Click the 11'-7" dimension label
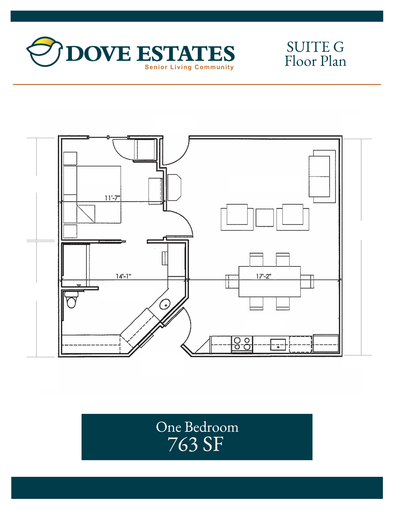(112, 198)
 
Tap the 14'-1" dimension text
(123, 276)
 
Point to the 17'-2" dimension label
(264, 276)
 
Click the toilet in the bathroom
(71, 300)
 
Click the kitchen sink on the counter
(278, 345)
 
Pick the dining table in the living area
(270, 282)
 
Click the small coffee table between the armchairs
(265, 218)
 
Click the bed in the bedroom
(92, 195)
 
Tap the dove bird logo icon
(45, 52)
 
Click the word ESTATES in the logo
(185, 54)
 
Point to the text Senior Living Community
(189, 67)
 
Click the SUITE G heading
(315, 47)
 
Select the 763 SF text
(195, 444)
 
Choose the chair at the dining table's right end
(307, 282)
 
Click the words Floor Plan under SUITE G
(315, 61)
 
